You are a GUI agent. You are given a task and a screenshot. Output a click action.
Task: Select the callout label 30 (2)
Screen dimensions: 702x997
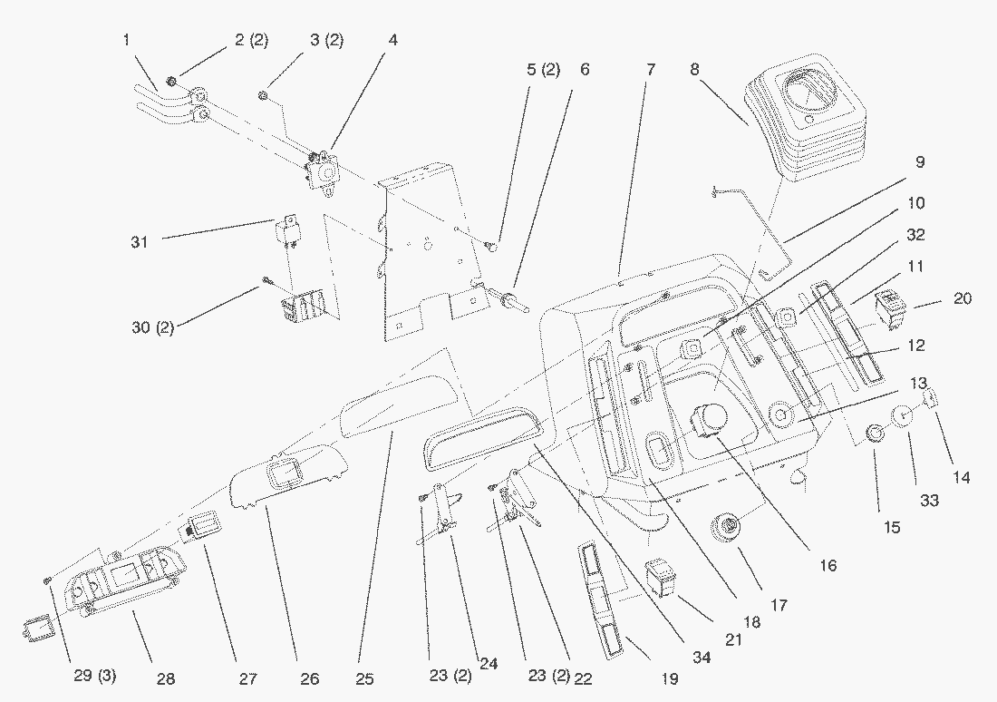[153, 327]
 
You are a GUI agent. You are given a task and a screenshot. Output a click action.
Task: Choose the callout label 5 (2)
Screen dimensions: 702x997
[543, 70]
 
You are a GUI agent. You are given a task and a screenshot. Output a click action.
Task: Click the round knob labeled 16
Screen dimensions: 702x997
[707, 420]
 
